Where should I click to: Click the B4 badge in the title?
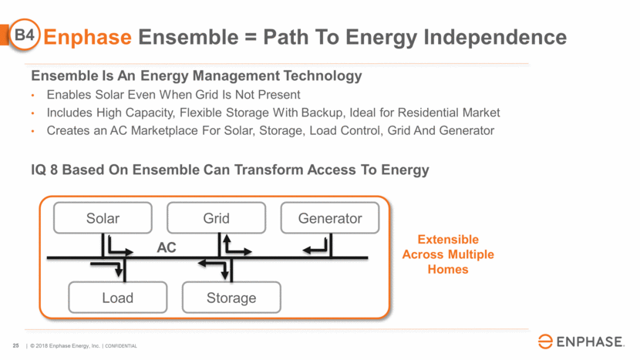point(26,35)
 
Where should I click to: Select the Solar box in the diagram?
point(103,218)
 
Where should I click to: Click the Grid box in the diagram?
point(216,218)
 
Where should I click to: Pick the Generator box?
point(330,218)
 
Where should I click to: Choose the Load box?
point(117,298)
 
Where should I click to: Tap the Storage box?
point(231,298)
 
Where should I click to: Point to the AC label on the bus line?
point(167,248)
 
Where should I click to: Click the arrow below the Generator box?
point(318,247)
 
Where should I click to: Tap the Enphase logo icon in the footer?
point(545,342)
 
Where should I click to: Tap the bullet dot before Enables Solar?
point(33,95)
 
